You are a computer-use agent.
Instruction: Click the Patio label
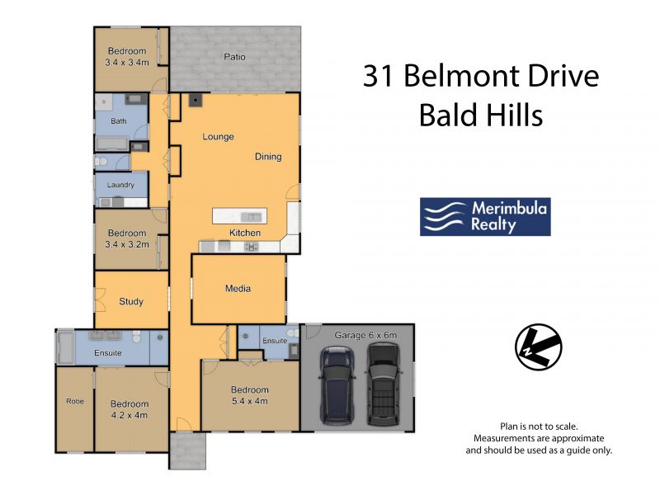234,56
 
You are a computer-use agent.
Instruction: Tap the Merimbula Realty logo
485,217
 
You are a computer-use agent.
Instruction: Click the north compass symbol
539,346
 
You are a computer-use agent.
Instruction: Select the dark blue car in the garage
337,386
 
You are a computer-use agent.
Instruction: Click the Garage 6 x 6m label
365,335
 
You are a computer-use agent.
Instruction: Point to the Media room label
238,288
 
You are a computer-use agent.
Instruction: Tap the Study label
131,301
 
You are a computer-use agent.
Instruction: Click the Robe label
75,401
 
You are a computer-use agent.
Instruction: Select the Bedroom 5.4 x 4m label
250,395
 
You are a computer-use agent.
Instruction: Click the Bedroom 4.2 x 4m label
130,409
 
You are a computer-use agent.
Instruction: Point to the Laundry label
120,185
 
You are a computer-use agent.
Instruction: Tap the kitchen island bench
239,216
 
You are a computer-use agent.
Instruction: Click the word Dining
268,157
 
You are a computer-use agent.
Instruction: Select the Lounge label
218,137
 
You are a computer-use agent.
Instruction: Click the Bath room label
118,121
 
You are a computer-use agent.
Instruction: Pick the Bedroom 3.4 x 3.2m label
127,238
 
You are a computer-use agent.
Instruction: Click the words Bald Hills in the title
481,115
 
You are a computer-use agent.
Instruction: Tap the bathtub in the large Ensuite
65,347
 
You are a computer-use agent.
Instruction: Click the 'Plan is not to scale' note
539,427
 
